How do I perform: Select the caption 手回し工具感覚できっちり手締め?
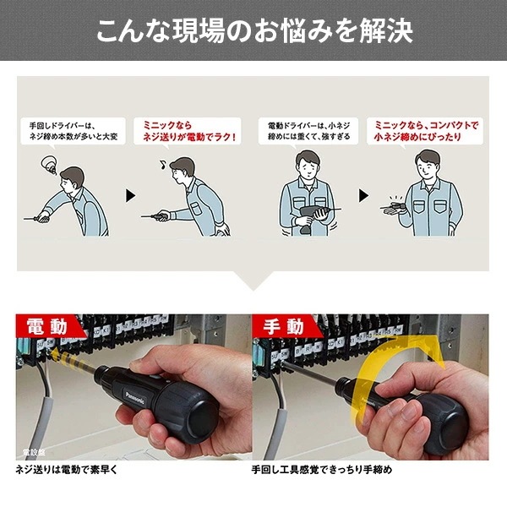point(321,468)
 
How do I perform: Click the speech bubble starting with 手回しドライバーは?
point(73,129)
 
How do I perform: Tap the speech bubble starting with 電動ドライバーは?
point(308,129)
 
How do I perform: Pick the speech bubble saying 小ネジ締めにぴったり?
point(427,129)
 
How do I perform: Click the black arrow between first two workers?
point(130,195)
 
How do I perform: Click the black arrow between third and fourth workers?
point(364,195)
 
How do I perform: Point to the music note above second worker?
point(155,156)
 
